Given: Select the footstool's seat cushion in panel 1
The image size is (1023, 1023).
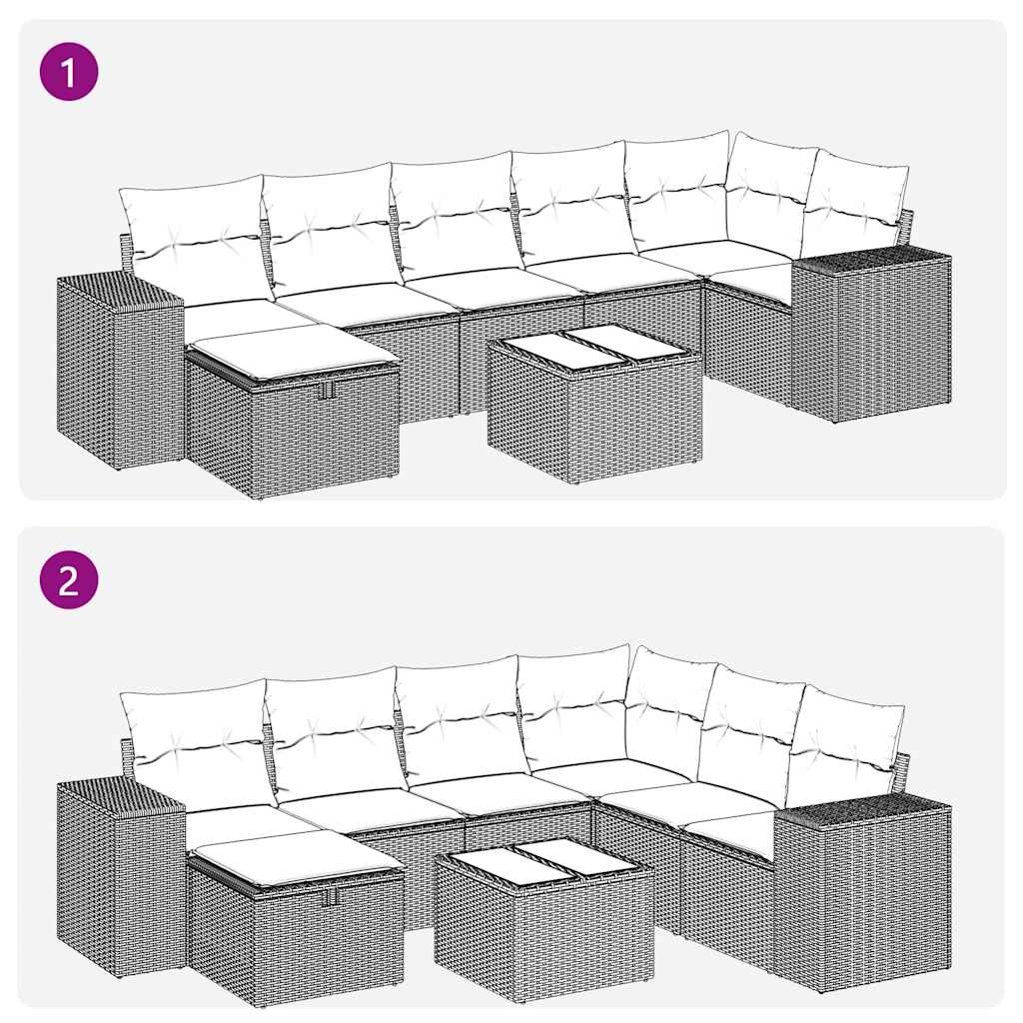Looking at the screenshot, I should click(293, 351).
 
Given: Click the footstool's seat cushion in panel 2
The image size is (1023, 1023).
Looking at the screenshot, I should click(295, 855).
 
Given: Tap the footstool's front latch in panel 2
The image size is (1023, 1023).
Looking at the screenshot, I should click(329, 897).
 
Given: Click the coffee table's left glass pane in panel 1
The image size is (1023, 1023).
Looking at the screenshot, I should click(543, 352).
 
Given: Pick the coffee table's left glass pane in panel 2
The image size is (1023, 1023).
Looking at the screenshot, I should click(493, 866).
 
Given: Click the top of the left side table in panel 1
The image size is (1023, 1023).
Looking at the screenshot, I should click(118, 290).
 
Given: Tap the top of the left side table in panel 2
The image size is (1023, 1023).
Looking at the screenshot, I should click(119, 794).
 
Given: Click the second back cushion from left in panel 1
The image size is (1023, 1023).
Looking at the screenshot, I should click(328, 225).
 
